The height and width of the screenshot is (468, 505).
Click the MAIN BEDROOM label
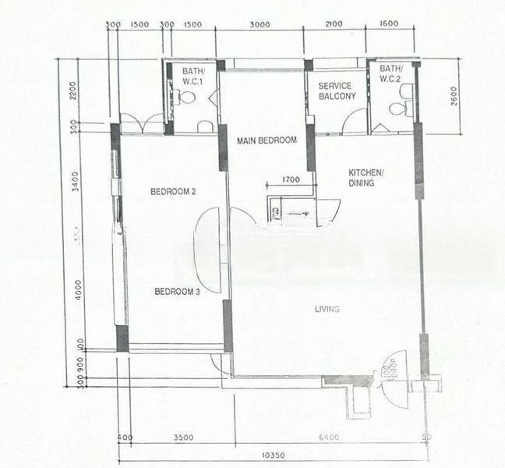(267, 140)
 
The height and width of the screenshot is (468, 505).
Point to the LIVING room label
(327, 310)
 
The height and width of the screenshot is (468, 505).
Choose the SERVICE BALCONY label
(337, 90)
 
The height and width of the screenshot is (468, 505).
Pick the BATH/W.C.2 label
(390, 74)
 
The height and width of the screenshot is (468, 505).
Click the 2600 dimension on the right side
(453, 96)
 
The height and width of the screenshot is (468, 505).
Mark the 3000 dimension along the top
(260, 25)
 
